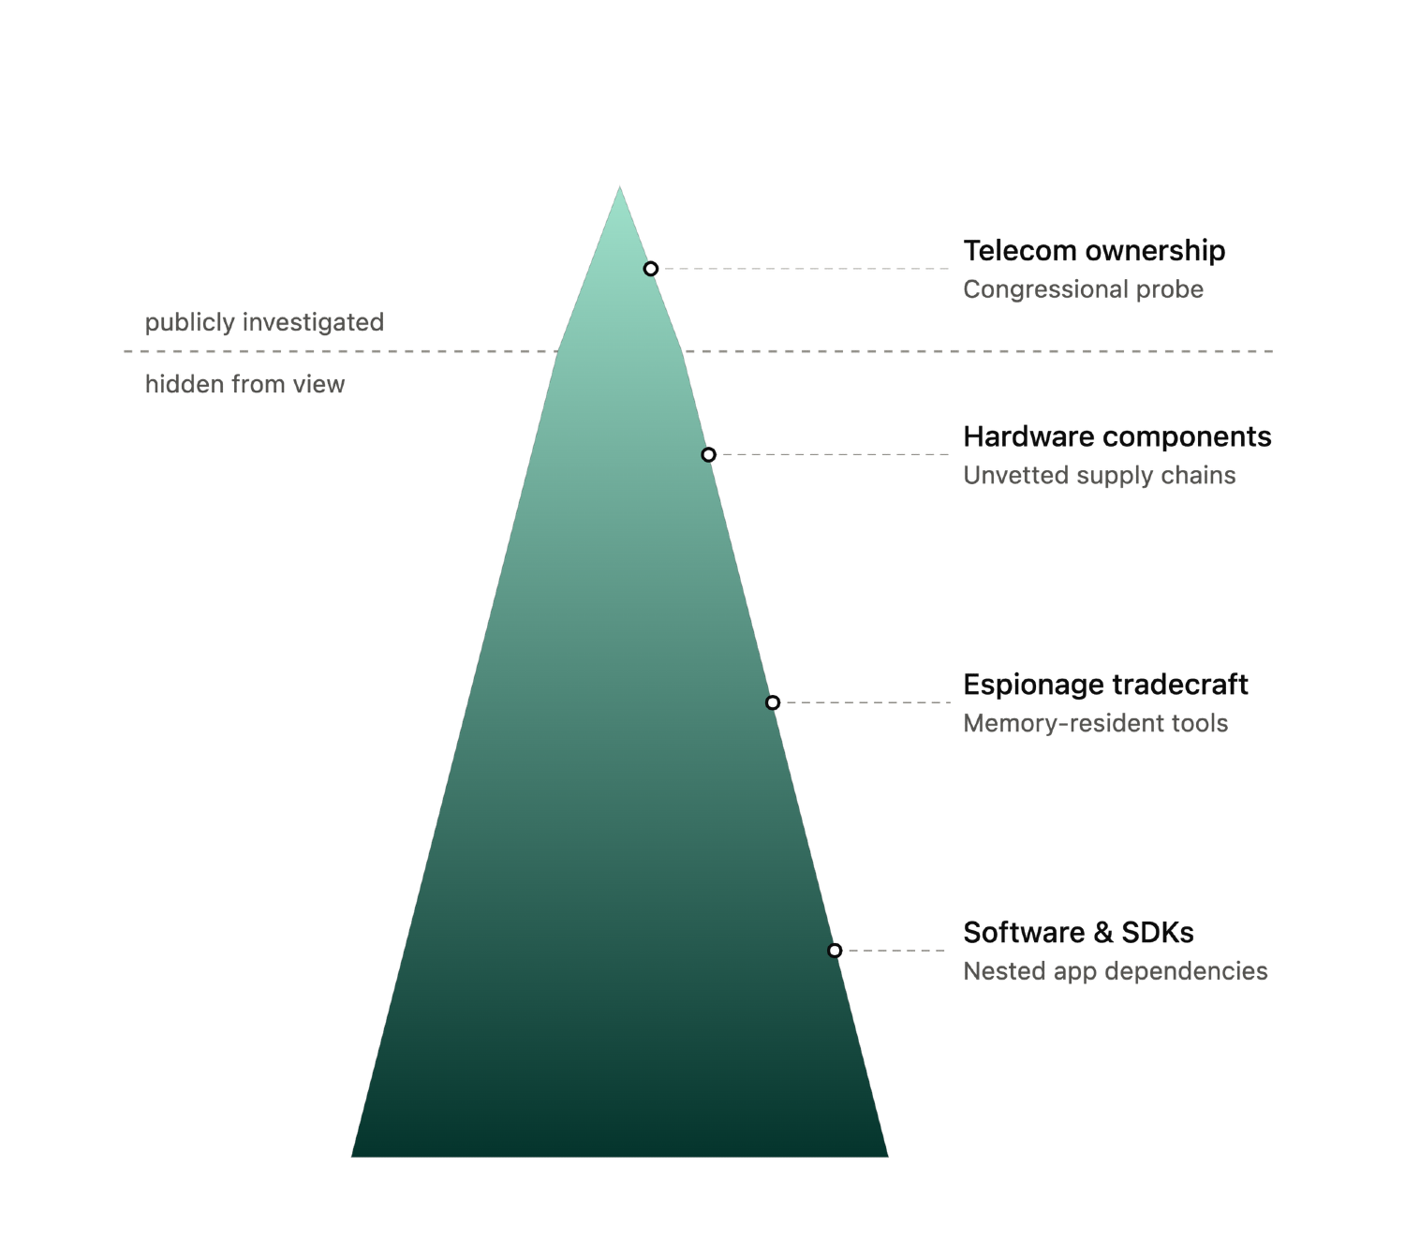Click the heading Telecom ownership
[1094, 251]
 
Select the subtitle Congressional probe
[1083, 289]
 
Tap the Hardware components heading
[1117, 437]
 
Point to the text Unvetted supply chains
[1099, 475]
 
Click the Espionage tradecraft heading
[1105, 685]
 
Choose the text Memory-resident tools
[1096, 723]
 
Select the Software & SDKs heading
[1078, 932]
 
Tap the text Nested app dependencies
[1116, 971]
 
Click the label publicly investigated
[264, 322]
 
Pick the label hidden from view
[244, 384]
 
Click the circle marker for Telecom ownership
[650, 269]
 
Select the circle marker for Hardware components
[708, 455]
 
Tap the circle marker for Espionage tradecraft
[773, 702]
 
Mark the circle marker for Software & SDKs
[835, 950]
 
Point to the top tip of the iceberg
[619, 185]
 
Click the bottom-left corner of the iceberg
[351, 1156]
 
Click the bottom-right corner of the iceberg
[888, 1156]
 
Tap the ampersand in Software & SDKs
[1102, 933]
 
